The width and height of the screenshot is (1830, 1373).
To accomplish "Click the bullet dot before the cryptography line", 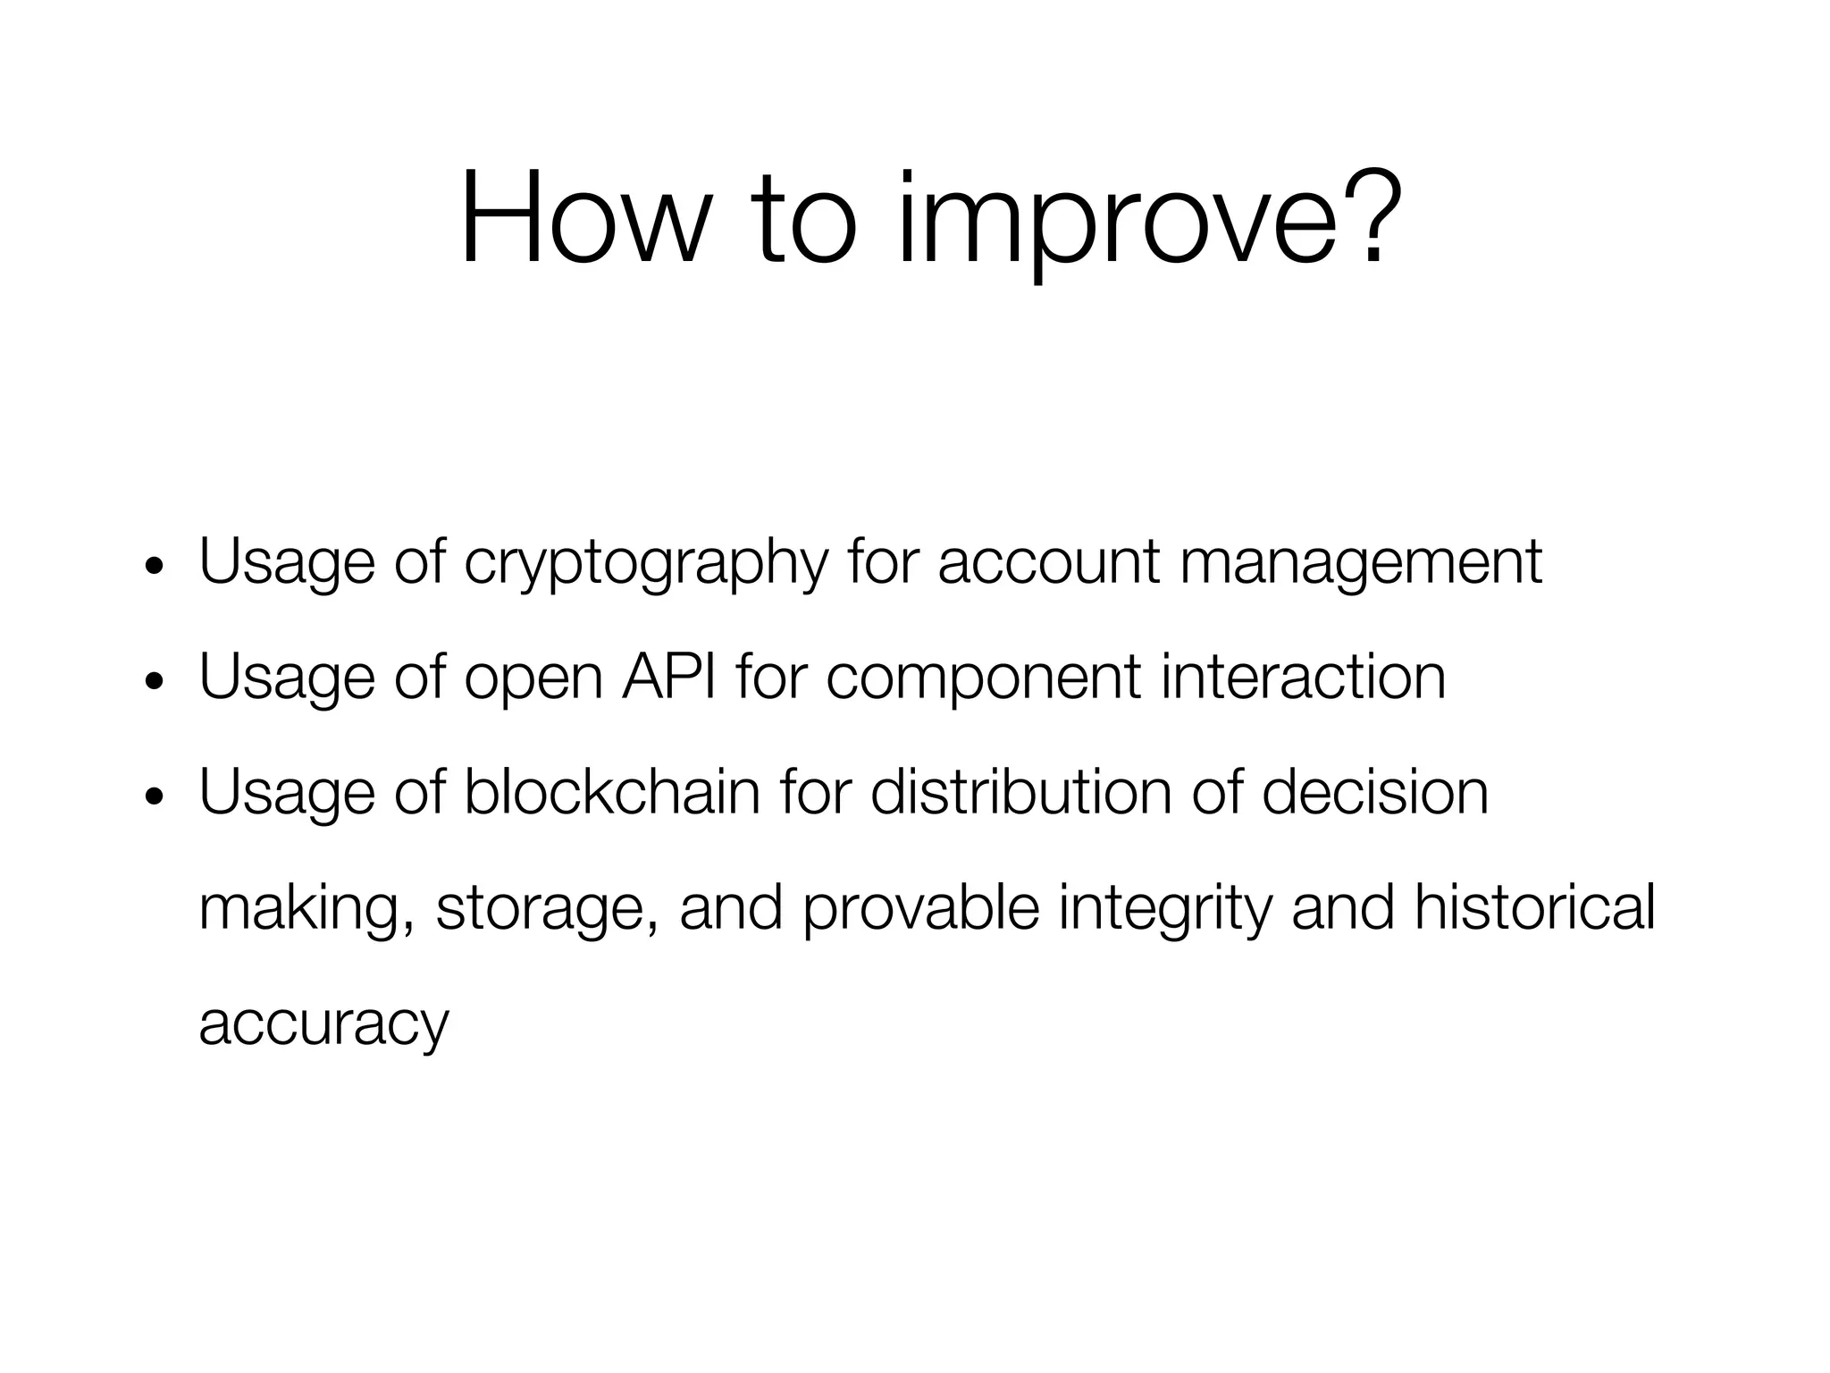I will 155,567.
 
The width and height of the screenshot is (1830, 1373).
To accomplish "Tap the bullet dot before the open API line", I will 155,682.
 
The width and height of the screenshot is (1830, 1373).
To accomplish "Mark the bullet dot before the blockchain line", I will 155,797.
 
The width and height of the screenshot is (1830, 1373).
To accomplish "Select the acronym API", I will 669,677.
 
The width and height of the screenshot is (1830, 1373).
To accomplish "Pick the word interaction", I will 1303,677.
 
